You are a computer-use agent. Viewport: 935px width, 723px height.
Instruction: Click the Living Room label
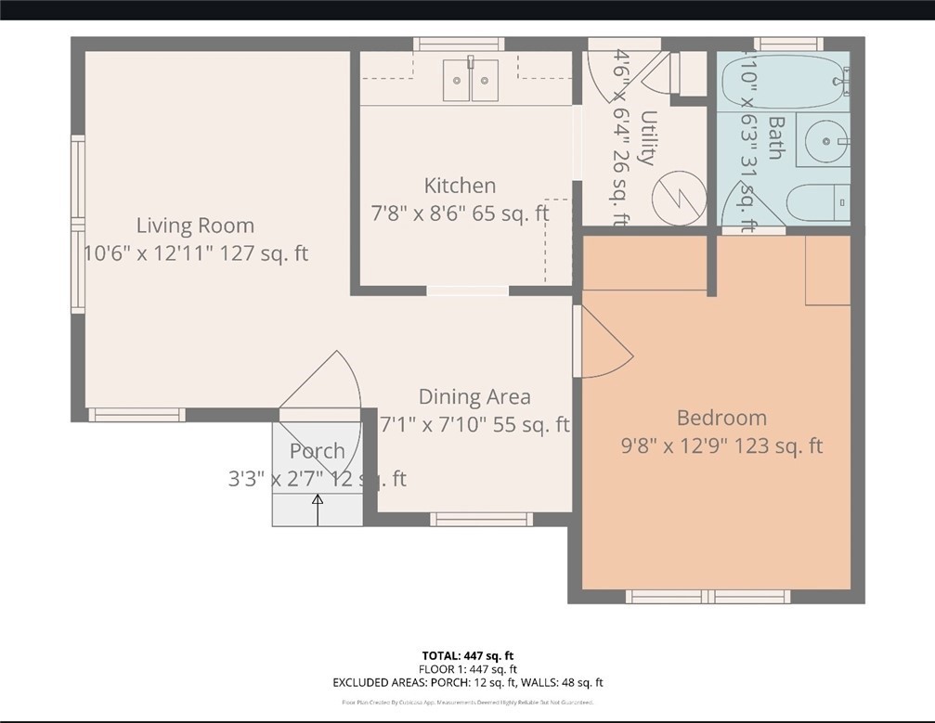pos(195,225)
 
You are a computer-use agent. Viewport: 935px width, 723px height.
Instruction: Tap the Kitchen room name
pos(460,185)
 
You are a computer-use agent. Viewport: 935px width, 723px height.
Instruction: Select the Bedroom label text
pos(721,418)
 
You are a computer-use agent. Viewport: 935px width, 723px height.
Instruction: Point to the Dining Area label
pos(474,397)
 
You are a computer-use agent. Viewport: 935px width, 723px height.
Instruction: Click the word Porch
pos(317,451)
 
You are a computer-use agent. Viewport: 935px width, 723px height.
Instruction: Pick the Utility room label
pos(648,138)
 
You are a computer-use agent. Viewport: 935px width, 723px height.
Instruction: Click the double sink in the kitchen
pos(470,81)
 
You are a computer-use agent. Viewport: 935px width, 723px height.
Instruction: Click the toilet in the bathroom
pos(817,200)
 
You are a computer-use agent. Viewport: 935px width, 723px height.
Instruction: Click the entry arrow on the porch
pos(318,510)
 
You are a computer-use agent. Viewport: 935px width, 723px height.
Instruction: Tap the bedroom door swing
pos(604,343)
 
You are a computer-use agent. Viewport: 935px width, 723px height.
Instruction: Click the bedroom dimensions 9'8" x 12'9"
pos(721,446)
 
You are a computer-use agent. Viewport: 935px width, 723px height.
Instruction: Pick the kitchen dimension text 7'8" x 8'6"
pos(460,213)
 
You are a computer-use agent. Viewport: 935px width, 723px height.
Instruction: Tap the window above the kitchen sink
pos(459,44)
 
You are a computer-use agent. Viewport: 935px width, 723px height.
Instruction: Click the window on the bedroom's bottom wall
pos(708,597)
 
